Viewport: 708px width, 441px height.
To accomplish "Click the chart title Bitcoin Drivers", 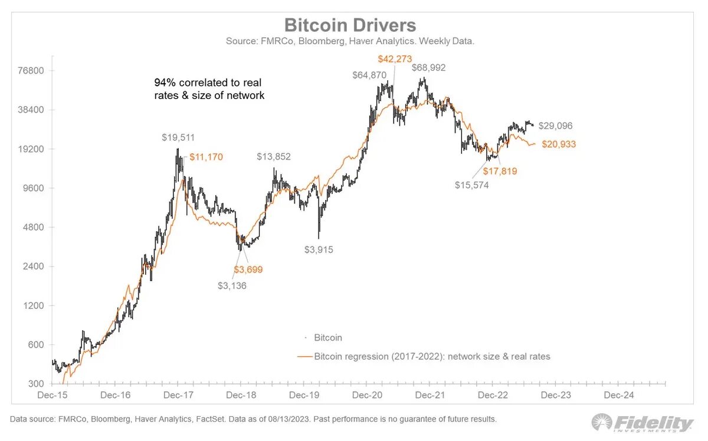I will click(x=350, y=25).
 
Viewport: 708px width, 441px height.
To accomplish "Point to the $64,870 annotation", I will click(x=369, y=75).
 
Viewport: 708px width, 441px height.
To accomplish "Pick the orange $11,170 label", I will click(x=206, y=157).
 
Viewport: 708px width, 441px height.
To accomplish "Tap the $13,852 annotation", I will click(x=274, y=157).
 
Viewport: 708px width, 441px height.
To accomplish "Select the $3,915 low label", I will click(x=319, y=249).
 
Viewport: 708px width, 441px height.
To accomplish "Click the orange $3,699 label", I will click(x=248, y=269).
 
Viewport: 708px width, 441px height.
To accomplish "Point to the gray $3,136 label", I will click(x=232, y=286).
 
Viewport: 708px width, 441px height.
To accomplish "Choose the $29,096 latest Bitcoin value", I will click(x=555, y=126).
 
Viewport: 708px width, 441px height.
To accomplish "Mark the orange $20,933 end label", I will click(x=559, y=144).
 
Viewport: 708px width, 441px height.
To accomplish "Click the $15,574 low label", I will click(x=471, y=185).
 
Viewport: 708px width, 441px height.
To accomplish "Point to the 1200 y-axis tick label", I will click(x=35, y=306).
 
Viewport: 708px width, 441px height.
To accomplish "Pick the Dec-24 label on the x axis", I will click(x=618, y=395).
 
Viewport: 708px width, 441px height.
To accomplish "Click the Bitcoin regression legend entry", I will click(x=431, y=356).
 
